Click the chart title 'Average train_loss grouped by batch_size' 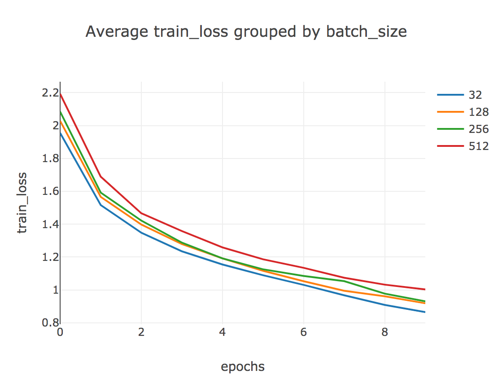(246, 32)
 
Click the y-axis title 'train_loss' (22, 203)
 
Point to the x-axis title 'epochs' (243, 367)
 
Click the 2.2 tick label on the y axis (50, 93)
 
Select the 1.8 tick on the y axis (50, 159)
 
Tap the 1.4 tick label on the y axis (50, 224)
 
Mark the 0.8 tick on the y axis (50, 322)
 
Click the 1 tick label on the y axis (55, 290)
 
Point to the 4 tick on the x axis (223, 332)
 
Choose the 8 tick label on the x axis (385, 332)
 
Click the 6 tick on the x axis (304, 332)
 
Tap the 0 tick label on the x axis (60, 332)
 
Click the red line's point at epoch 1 (101, 176)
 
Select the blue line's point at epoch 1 (101, 205)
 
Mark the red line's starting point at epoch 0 (61, 94)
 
